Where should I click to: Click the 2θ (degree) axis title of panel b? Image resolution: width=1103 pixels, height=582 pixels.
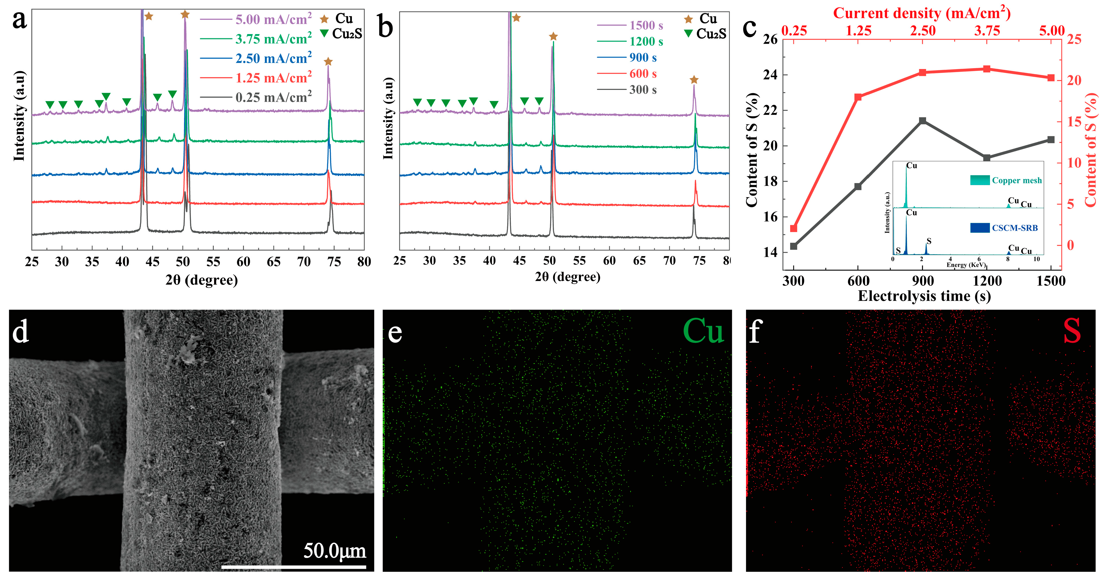[x=567, y=277]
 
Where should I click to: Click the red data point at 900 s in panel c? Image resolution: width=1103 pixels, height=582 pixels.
[x=923, y=73]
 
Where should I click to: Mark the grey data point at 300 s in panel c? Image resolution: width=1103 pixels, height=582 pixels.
[x=794, y=246]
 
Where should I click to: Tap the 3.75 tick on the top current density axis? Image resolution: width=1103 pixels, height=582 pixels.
[x=987, y=31]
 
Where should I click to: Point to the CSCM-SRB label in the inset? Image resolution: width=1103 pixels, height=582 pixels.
[x=1015, y=228]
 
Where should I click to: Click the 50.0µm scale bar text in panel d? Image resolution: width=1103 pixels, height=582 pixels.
[x=335, y=551]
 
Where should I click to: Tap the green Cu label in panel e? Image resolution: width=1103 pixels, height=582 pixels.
[x=703, y=331]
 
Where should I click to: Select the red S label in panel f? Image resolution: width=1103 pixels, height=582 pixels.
[x=1072, y=331]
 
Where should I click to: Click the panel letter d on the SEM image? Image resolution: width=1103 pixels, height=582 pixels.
[x=20, y=332]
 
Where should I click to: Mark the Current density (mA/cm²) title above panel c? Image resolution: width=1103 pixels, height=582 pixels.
[x=922, y=13]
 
